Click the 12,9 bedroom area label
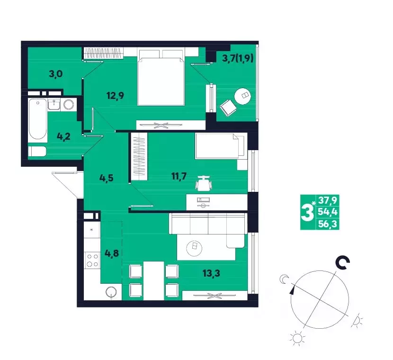tap(115, 96)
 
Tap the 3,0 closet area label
tap(56, 74)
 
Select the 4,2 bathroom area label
tap(63, 136)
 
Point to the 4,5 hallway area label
tap(107, 178)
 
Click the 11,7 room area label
tap(179, 176)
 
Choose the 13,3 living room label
tap(211, 273)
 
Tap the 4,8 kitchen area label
tap(112, 253)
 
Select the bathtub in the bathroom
tap(37, 119)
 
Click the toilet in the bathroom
tap(37, 152)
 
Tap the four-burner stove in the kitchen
tap(92, 260)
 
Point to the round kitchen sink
tap(111, 292)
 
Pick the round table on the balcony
tap(242, 96)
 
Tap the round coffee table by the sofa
tap(194, 248)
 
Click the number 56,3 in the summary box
tap(328, 224)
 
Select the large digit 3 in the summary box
tap(307, 212)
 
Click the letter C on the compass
tap(343, 263)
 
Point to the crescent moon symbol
tap(284, 279)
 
